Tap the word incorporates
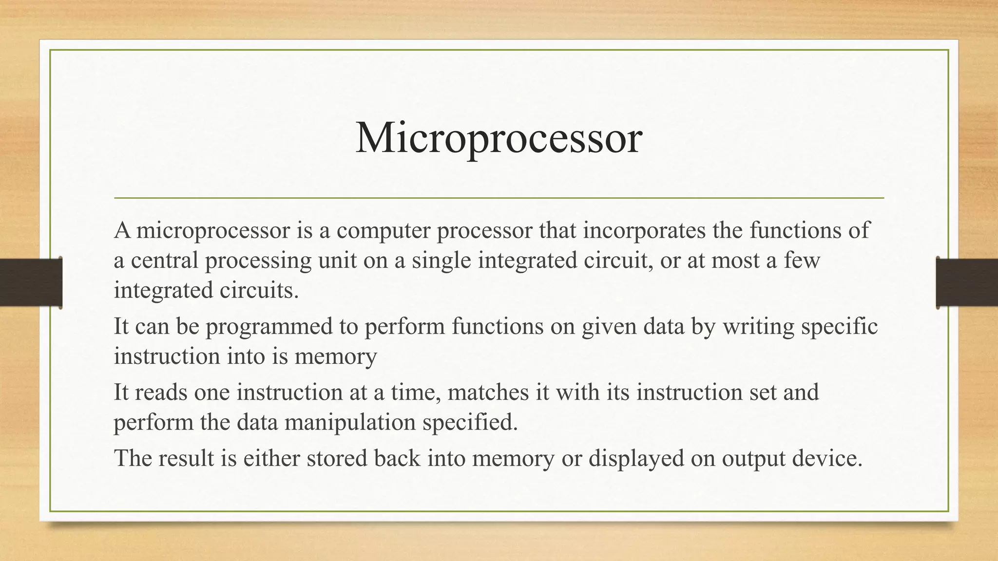644,230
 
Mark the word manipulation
349,422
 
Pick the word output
753,459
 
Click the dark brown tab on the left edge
31,282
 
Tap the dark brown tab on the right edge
967,282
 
